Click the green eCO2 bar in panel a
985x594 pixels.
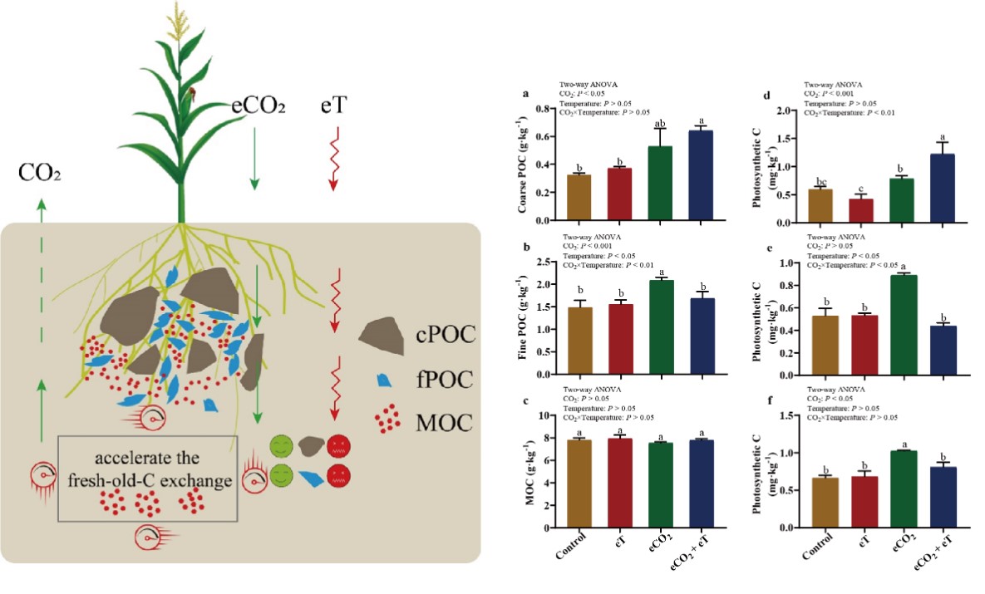(659, 184)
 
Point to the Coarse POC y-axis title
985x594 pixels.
(525, 164)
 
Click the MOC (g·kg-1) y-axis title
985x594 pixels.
(525, 470)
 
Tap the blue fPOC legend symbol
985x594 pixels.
(385, 380)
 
